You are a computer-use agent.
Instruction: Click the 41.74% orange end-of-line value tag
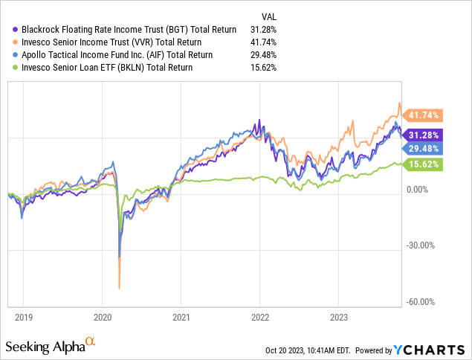pos(426,115)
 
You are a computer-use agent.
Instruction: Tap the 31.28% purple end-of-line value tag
pos(426,135)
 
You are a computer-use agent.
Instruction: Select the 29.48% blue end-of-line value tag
pos(426,149)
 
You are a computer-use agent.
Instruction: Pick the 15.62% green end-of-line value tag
pos(426,164)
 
